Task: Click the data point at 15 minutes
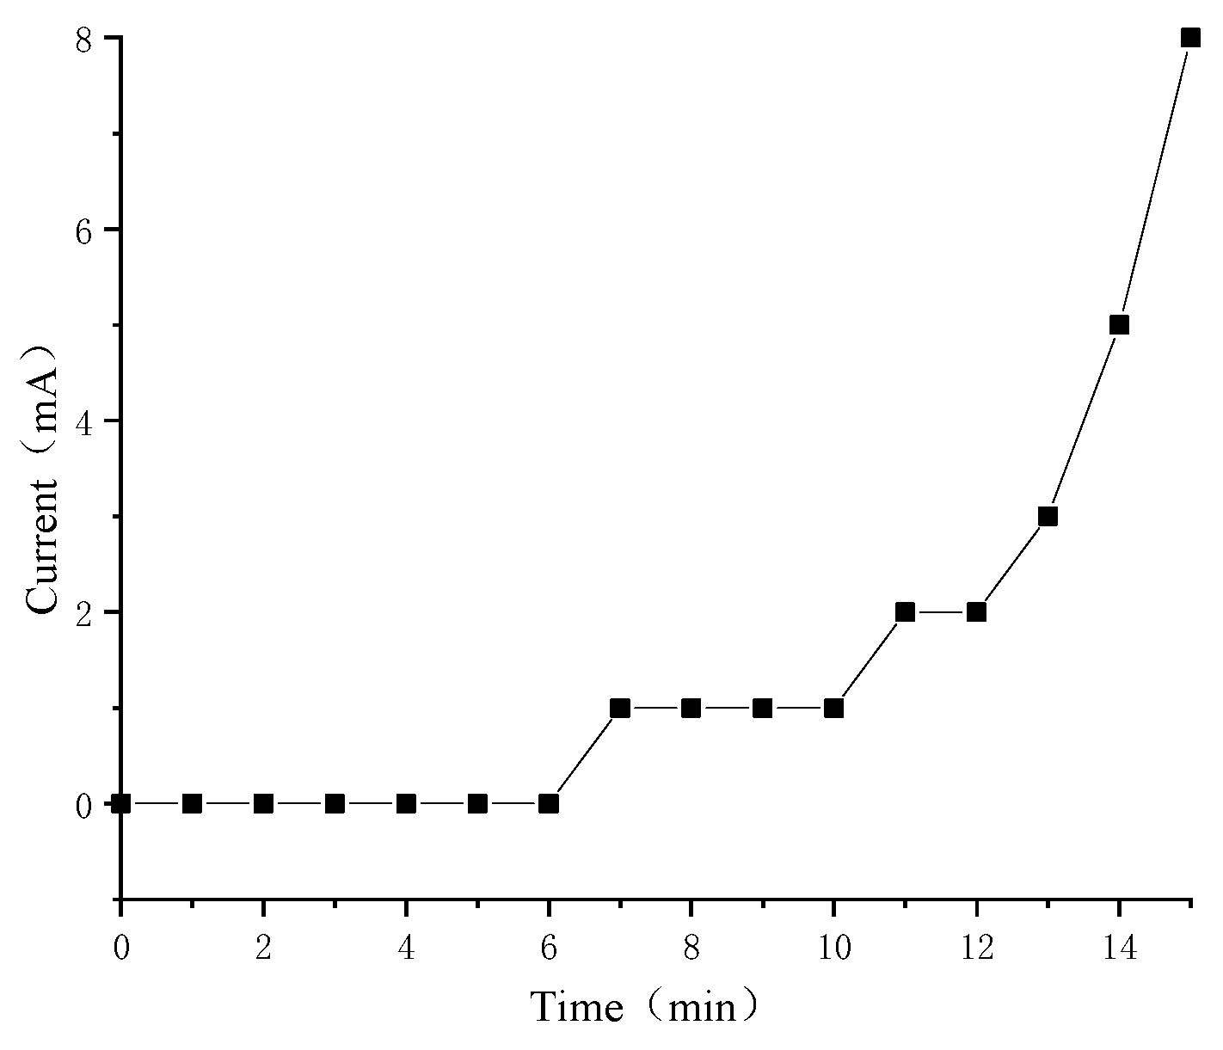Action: [1190, 38]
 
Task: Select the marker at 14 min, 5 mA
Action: [1119, 325]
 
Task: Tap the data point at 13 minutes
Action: [1048, 516]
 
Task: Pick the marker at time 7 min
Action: [620, 708]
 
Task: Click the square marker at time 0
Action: [121, 803]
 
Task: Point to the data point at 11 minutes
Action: [905, 612]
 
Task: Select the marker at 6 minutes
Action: [549, 803]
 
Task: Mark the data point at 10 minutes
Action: [833, 708]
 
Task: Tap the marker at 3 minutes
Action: [335, 803]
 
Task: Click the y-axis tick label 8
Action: [83, 40]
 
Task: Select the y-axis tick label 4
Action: [83, 421]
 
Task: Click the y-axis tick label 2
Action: [83, 612]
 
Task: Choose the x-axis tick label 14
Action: [1119, 949]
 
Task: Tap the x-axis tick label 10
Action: [833, 949]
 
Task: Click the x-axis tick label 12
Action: [976, 949]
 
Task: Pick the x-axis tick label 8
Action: [691, 949]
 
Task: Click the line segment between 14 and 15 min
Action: [1155, 181]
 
